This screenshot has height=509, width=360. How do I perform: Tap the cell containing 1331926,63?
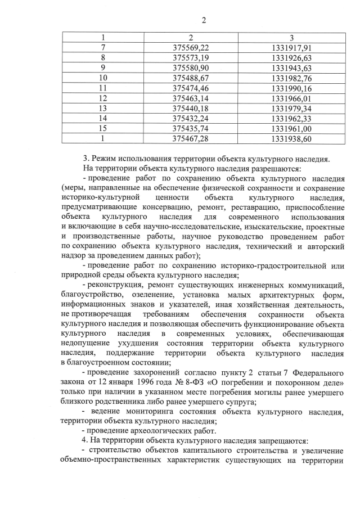tap(291, 58)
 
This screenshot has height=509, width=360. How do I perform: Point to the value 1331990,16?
tap(291, 88)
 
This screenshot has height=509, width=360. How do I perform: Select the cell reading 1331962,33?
tap(291, 118)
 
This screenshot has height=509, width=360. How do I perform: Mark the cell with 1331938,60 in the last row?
tap(291, 138)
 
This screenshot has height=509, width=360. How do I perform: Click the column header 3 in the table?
tap(291, 38)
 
